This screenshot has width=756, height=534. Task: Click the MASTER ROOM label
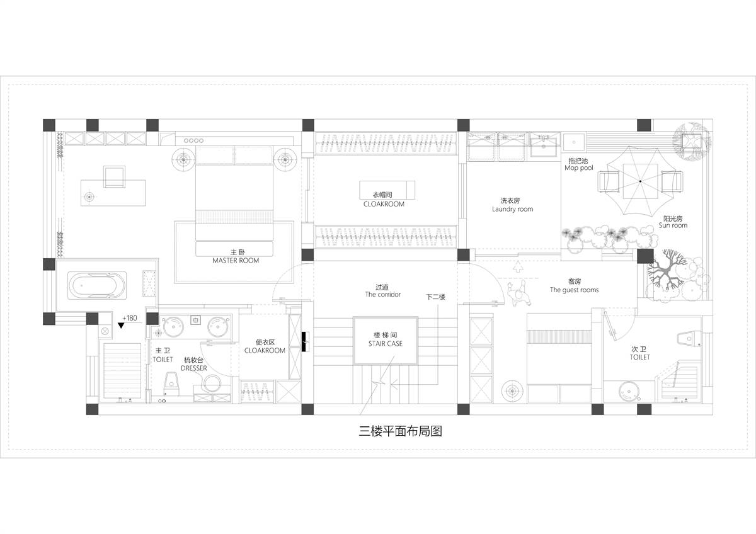click(x=236, y=261)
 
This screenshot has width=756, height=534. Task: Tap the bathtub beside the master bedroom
click(x=97, y=285)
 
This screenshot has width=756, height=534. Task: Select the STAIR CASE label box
click(x=386, y=341)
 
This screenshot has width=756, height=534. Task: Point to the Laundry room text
click(x=512, y=209)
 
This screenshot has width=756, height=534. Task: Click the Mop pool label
click(x=578, y=168)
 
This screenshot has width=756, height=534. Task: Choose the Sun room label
click(x=673, y=225)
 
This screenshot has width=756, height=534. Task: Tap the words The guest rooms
click(x=574, y=290)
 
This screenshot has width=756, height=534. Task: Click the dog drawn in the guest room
click(x=518, y=293)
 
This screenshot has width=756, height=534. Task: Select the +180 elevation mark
click(x=130, y=318)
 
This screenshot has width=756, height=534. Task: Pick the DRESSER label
click(x=194, y=368)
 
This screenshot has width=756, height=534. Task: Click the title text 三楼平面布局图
click(x=400, y=431)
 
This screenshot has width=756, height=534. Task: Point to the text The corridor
click(x=383, y=295)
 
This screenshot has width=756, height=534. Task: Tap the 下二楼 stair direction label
click(x=435, y=297)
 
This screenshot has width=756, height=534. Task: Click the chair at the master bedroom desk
click(x=115, y=176)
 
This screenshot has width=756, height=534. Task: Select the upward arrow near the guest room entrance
click(x=518, y=266)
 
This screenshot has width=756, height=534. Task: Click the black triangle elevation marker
click(x=121, y=326)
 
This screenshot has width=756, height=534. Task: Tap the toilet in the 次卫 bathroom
click(x=689, y=339)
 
